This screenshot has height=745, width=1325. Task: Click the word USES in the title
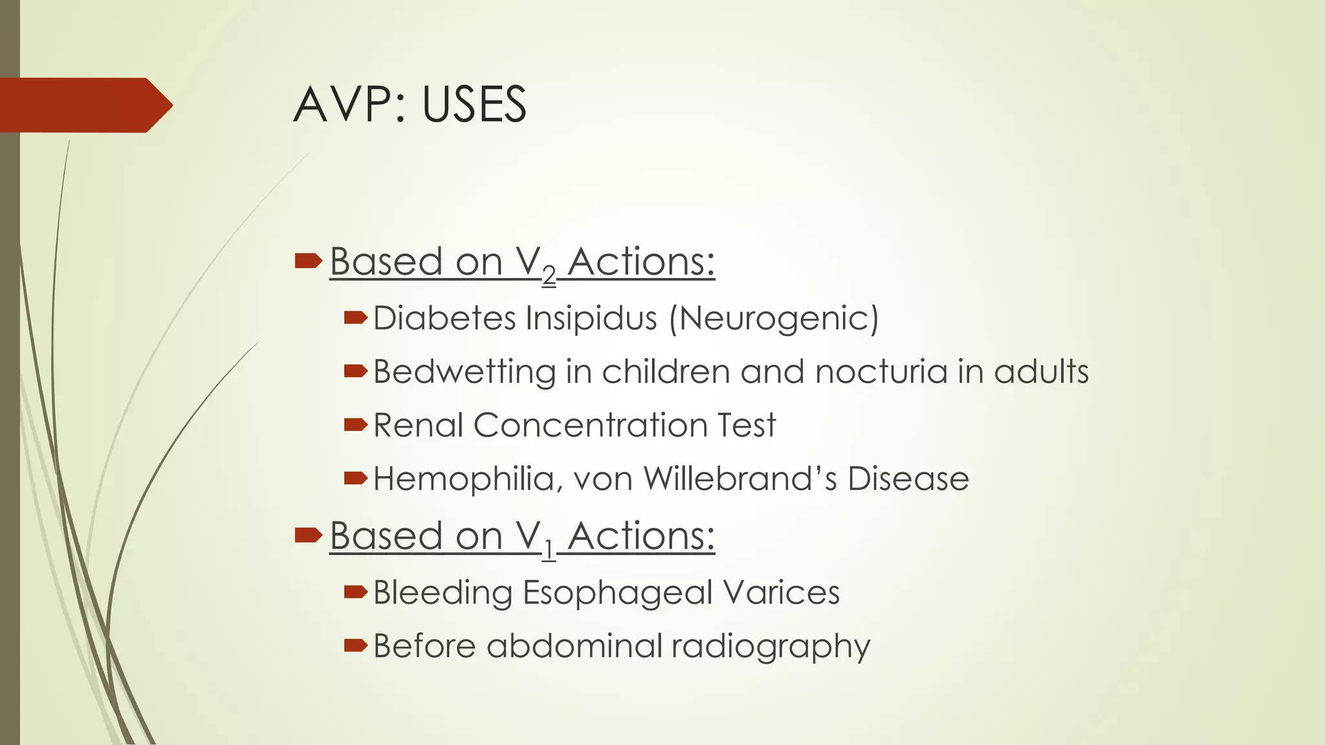(x=474, y=105)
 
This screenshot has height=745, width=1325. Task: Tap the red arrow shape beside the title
(x=84, y=105)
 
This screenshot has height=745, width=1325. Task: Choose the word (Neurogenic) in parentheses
(x=774, y=319)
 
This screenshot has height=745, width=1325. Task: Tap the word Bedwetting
(x=464, y=372)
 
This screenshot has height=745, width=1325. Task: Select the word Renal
(x=418, y=426)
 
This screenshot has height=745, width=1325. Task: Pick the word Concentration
(x=590, y=426)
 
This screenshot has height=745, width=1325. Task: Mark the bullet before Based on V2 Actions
(x=308, y=261)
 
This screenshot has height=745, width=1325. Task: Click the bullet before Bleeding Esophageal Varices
(x=355, y=592)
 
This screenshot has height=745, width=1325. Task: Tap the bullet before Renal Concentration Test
(x=355, y=425)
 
